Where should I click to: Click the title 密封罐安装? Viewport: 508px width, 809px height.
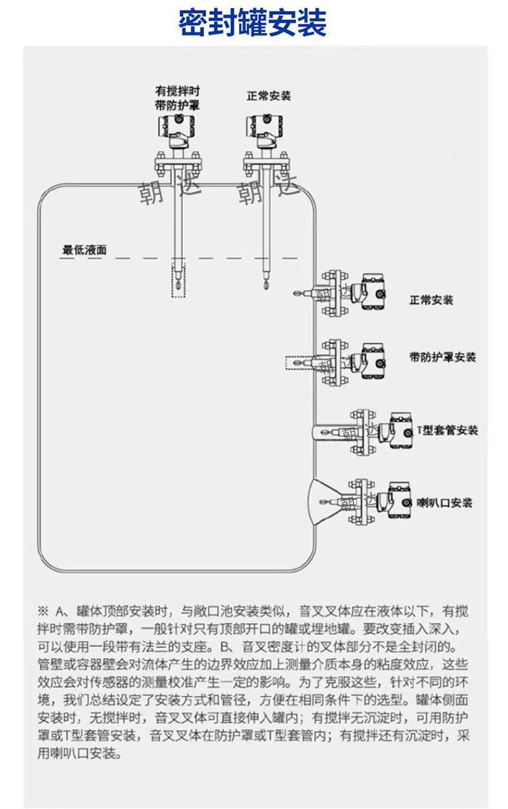pyautogui.click(x=252, y=23)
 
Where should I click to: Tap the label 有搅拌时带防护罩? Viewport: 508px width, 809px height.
pyautogui.click(x=177, y=98)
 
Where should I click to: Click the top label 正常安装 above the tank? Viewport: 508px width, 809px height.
pyautogui.click(x=269, y=96)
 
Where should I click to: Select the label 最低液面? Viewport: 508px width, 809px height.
pyautogui.click(x=85, y=250)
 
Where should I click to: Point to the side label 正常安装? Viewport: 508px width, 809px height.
pyautogui.click(x=431, y=300)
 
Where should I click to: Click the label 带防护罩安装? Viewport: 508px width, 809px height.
pyautogui.click(x=443, y=357)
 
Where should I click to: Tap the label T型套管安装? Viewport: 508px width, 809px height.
pyautogui.click(x=447, y=430)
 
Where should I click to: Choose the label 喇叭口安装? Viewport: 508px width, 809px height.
pyautogui.click(x=444, y=502)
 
